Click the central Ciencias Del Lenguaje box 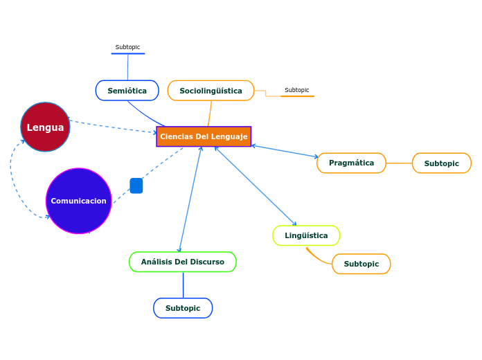[x=204, y=136]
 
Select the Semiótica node [x=127, y=91]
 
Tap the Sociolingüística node [x=211, y=91]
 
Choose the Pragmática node [x=351, y=163]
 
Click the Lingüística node [x=306, y=235]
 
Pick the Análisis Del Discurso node [x=182, y=262]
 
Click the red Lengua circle [x=45, y=127]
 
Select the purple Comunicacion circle [x=78, y=201]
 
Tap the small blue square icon [x=136, y=186]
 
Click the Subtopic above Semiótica [x=127, y=48]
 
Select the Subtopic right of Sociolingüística [x=297, y=91]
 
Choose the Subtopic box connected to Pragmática [x=441, y=163]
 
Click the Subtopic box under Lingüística [x=361, y=264]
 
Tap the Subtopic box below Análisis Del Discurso [x=183, y=308]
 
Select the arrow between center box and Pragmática [x=284, y=152]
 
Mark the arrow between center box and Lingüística [x=256, y=186]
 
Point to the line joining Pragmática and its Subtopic [x=399, y=163]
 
